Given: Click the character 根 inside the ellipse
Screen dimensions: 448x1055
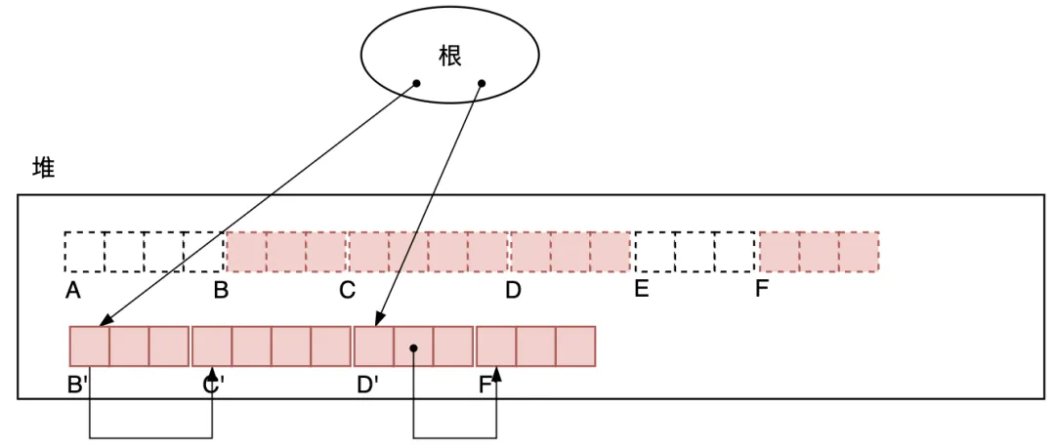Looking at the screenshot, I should (449, 56).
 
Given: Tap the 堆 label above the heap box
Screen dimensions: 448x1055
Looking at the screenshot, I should (44, 168).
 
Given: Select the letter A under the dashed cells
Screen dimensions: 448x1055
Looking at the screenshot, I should (72, 290).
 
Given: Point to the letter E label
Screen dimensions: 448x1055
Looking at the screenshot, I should (641, 289).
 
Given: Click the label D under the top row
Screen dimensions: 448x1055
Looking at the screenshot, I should (513, 290).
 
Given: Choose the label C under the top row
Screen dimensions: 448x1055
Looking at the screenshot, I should (347, 290).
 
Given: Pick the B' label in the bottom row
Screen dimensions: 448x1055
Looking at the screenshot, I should (78, 385).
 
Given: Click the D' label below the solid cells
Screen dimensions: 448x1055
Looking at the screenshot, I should (367, 385).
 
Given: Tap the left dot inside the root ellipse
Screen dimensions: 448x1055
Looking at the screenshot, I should (416, 84).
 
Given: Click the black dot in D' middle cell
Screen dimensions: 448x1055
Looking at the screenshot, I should (414, 346).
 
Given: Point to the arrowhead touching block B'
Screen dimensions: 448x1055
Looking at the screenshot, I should (103, 321).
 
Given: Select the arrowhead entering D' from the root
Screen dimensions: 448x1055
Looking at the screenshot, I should (376, 321).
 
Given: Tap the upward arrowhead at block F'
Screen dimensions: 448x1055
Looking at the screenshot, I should (497, 373).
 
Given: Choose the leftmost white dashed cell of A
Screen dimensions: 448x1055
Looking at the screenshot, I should (84, 252).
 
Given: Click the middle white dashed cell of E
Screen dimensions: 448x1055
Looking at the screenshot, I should (695, 252).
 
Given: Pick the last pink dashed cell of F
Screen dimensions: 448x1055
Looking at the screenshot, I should (859, 252).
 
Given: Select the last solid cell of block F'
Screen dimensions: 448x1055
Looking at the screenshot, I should (575, 346).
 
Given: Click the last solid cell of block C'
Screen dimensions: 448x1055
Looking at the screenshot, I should (330, 346).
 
